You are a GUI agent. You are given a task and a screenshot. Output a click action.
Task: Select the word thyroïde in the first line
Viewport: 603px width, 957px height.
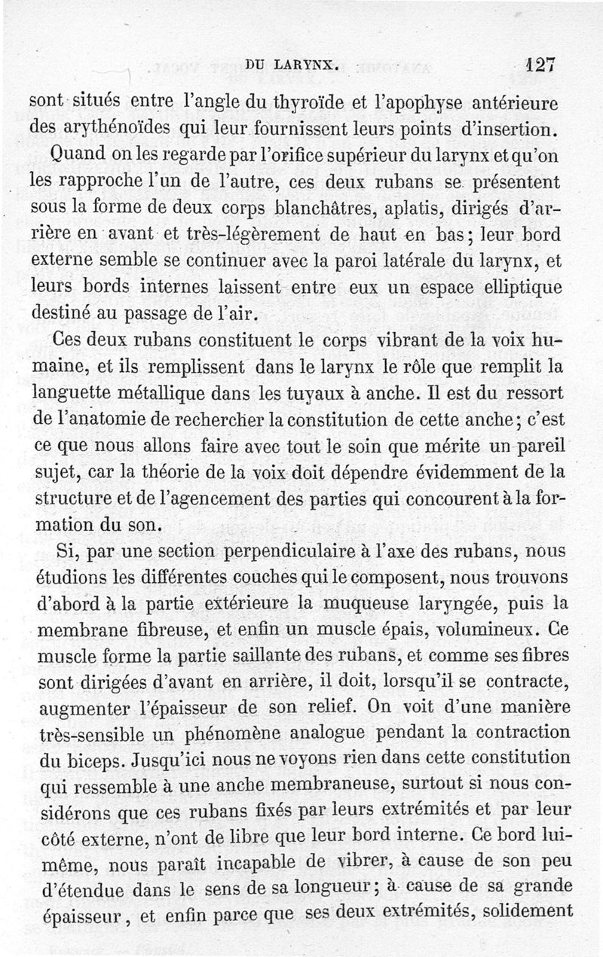(253, 99)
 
